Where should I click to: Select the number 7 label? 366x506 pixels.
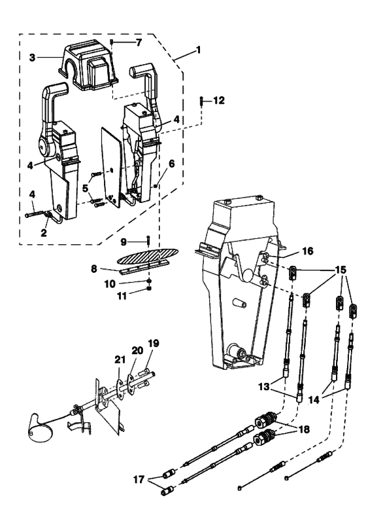[x=137, y=43]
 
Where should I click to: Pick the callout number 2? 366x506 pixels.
[x=45, y=232]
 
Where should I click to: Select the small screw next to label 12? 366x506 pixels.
[x=201, y=101]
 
